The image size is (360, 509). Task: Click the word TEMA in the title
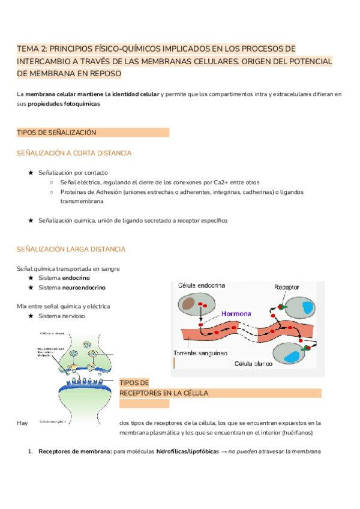coord(27,49)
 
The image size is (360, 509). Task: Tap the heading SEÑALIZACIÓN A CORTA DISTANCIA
coord(74,154)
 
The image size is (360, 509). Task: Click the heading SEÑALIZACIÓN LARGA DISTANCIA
coord(71,249)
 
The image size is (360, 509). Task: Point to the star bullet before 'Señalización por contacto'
coord(31,172)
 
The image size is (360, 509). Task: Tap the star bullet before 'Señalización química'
coord(31,221)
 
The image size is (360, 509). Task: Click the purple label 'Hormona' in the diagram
coord(236,313)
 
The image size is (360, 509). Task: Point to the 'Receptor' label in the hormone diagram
coord(286,288)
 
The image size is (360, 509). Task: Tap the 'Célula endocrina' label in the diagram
coord(201,286)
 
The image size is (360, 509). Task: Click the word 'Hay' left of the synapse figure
coord(22,423)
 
